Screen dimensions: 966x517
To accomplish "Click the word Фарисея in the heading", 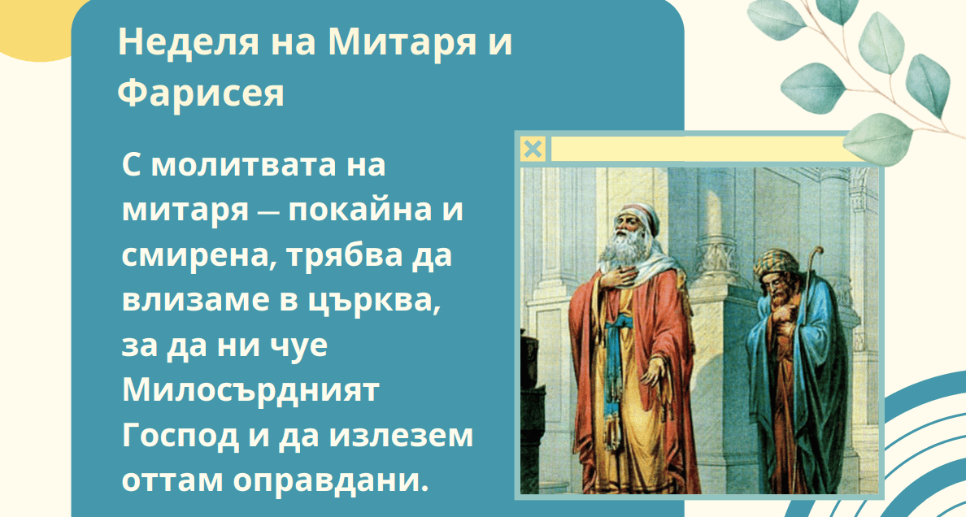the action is pyautogui.click(x=201, y=93).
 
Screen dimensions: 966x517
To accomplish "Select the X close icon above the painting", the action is pyautogui.click(x=533, y=149).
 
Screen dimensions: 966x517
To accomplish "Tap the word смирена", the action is pyautogui.click(x=194, y=255).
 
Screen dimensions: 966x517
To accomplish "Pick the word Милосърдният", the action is pyautogui.click(x=250, y=391).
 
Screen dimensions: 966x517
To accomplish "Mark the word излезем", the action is pyautogui.click(x=401, y=436).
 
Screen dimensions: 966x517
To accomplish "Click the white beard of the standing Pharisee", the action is pyautogui.click(x=623, y=248).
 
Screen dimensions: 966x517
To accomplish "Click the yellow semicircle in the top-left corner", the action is pyautogui.click(x=36, y=30).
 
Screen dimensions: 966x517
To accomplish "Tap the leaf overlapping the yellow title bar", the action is pyautogui.click(x=877, y=140).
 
